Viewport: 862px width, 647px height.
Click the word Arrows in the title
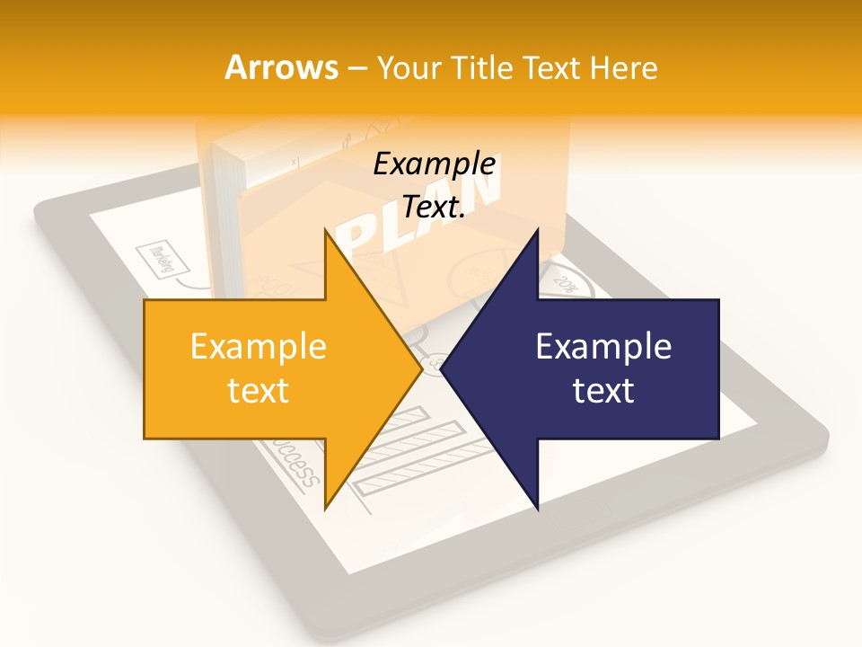click(x=281, y=67)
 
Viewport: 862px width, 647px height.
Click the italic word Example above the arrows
click(x=435, y=164)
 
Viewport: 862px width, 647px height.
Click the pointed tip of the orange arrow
click(x=421, y=368)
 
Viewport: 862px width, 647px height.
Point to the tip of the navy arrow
click(x=442, y=368)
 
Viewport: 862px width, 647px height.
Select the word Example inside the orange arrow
click(x=259, y=347)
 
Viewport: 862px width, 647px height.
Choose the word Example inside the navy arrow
click(x=603, y=347)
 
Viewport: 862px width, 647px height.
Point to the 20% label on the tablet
click(x=565, y=284)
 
